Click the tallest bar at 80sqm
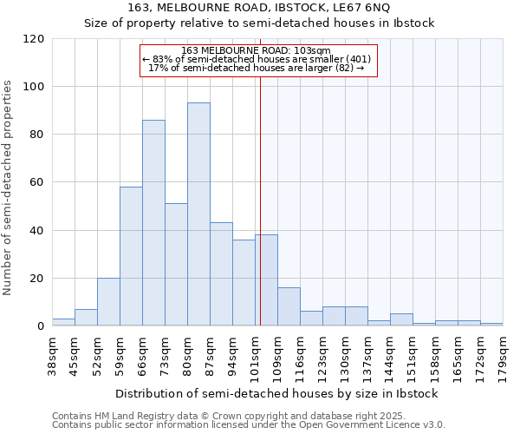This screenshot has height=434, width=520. [x=198, y=214]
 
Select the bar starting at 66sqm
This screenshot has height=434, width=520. [x=153, y=222]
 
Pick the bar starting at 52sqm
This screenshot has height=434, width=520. [x=108, y=302]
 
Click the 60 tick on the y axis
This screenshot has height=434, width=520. [x=37, y=182]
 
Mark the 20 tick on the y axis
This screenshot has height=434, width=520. [x=37, y=279]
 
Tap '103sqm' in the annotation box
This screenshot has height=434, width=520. [x=314, y=51]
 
